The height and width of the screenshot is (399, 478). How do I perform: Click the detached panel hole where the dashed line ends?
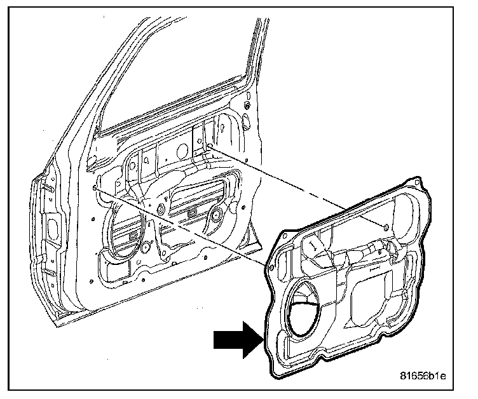[387, 227]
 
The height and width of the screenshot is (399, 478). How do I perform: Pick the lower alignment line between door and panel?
[184, 231]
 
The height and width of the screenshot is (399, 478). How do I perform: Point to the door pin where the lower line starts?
[95, 188]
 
